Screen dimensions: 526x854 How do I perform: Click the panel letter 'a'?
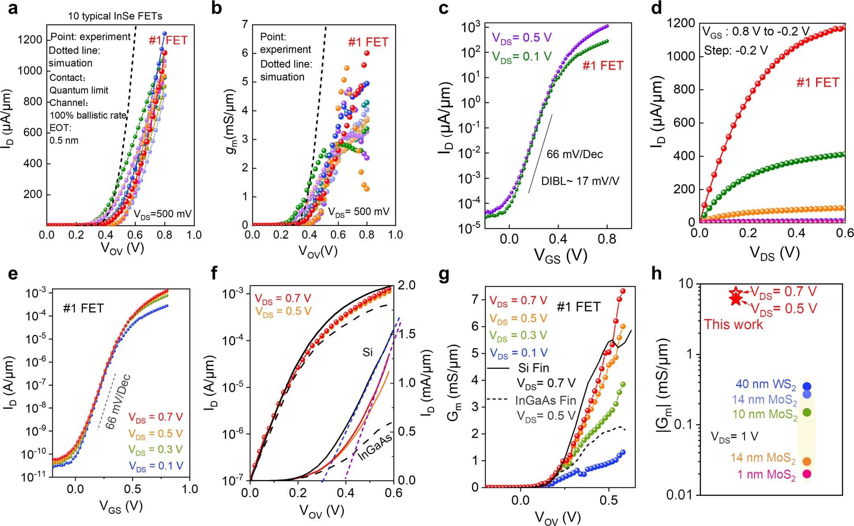(13, 8)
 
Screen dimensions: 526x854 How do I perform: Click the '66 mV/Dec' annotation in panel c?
(574, 154)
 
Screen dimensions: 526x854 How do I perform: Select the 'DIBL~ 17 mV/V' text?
(580, 181)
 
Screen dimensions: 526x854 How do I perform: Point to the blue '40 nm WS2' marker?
(807, 386)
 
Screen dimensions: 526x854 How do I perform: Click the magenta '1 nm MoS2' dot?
(807, 474)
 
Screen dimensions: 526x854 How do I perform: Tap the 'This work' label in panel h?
(733, 324)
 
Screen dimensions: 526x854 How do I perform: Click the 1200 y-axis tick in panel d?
(681, 23)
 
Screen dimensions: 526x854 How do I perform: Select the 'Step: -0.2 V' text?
(736, 51)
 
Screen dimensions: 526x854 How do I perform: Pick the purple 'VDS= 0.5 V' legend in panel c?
(522, 37)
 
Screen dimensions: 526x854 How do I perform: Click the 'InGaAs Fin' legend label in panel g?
(546, 400)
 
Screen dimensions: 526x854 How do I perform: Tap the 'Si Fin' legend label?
(533, 367)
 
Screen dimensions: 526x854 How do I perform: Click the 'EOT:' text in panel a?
(60, 128)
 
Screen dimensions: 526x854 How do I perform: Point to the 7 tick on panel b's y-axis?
(245, 24)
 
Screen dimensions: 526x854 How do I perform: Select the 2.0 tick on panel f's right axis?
(407, 285)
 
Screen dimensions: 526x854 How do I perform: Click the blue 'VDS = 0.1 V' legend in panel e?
(156, 466)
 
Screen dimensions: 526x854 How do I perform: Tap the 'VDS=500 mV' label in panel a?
(163, 214)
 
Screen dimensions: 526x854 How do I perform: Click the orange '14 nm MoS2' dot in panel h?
(807, 461)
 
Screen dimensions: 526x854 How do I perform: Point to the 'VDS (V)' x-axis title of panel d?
(774, 253)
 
